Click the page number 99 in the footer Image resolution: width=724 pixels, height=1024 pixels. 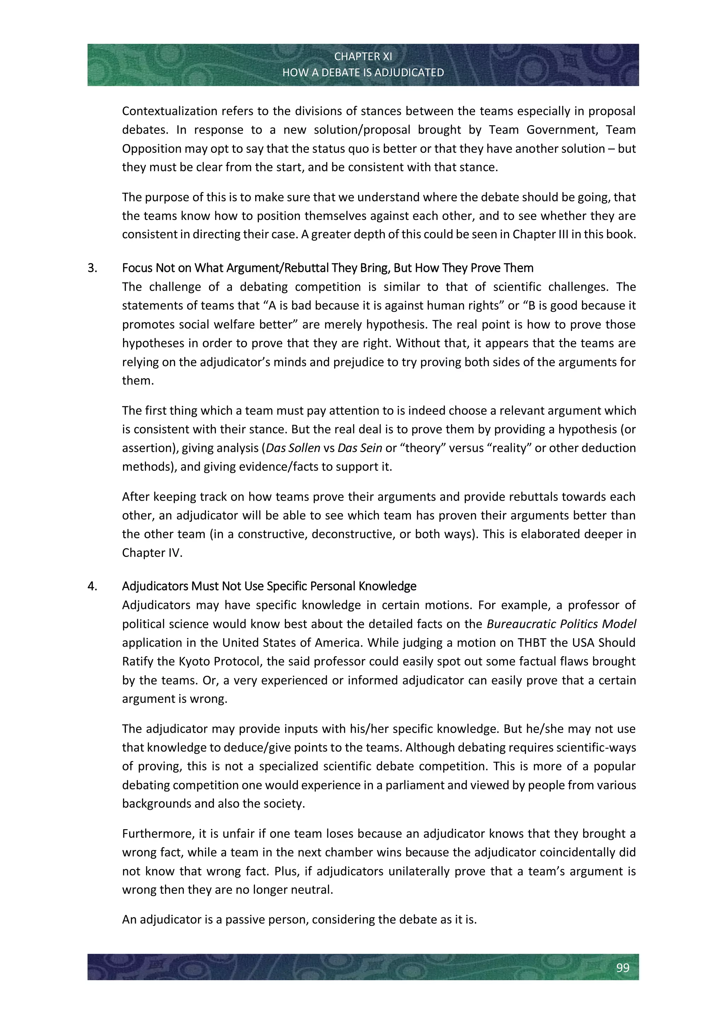click(622, 967)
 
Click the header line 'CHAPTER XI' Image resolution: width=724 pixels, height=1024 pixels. click(363, 57)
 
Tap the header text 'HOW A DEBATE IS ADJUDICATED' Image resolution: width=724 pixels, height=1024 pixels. click(363, 72)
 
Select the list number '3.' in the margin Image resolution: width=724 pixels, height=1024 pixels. click(92, 268)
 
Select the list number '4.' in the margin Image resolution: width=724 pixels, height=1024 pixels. click(92, 586)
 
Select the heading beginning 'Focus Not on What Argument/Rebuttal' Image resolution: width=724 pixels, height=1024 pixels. click(328, 268)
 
